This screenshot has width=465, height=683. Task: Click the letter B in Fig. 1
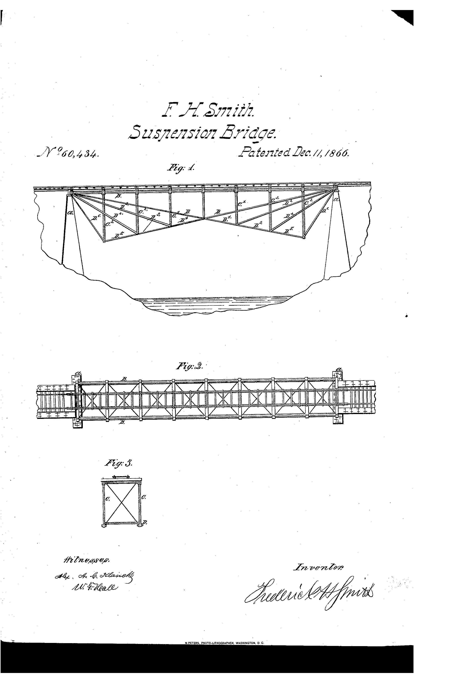118,196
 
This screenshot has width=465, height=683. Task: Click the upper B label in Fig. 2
124,379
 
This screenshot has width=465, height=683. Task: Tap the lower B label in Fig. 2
121,422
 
